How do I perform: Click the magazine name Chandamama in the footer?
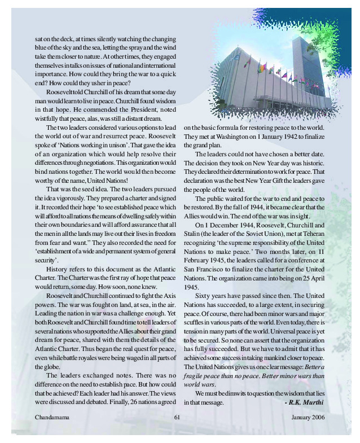coord(51,417)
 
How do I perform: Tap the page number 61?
coord(177,417)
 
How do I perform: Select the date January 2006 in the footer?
coord(309,417)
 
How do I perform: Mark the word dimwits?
coord(231,394)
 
